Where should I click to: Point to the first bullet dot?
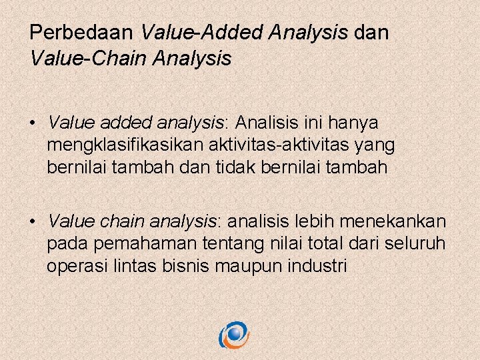pyautogui.click(x=33, y=124)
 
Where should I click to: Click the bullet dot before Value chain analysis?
pyautogui.click(x=33, y=221)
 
